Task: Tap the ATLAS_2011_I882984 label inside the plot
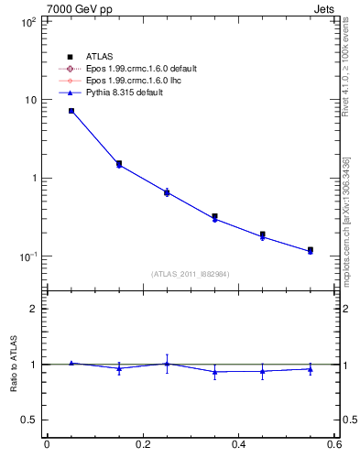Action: pos(191,274)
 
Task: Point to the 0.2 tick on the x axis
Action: pos(142,445)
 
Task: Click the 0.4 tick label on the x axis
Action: pos(238,445)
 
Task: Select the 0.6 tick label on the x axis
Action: pos(333,445)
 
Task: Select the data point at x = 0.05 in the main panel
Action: pos(71,111)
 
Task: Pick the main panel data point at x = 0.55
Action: pos(311,250)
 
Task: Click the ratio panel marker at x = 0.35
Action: pos(214,372)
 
